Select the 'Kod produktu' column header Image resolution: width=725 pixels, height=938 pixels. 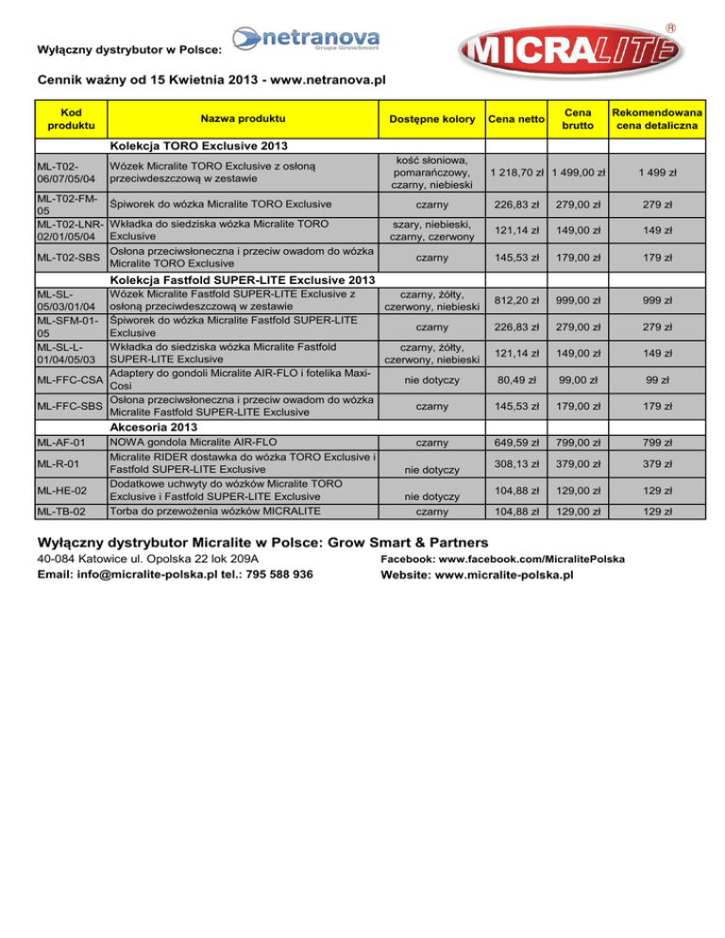[71, 119]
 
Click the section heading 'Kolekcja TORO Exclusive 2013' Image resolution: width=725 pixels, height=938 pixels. [197, 146]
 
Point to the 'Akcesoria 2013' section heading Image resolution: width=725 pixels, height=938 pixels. [153, 426]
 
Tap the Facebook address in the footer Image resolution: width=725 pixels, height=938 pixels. [500, 559]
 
